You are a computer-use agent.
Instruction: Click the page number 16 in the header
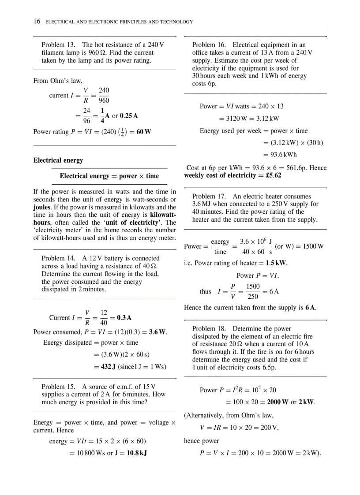[x=37, y=21]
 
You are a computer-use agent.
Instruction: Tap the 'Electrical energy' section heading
[x=58, y=160]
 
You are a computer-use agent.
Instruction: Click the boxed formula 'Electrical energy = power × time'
[x=109, y=176]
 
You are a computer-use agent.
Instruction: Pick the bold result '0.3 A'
[x=124, y=317]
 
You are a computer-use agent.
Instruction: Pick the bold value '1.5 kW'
[x=276, y=263]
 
